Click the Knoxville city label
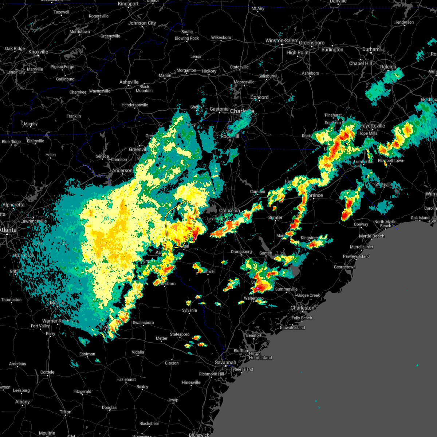click(38, 52)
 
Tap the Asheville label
click(129, 82)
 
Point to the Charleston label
click(302, 308)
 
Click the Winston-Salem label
click(282, 41)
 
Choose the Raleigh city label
click(388, 67)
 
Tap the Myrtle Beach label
click(371, 236)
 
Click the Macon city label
click(57, 303)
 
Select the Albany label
click(23, 402)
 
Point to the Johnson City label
click(142, 23)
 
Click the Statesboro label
click(180, 334)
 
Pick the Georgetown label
click(345, 267)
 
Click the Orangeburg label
click(241, 252)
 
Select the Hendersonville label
click(135, 105)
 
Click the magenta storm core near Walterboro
click(258, 288)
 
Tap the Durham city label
click(371, 49)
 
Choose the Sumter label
click(275, 217)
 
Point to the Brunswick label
click(199, 435)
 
